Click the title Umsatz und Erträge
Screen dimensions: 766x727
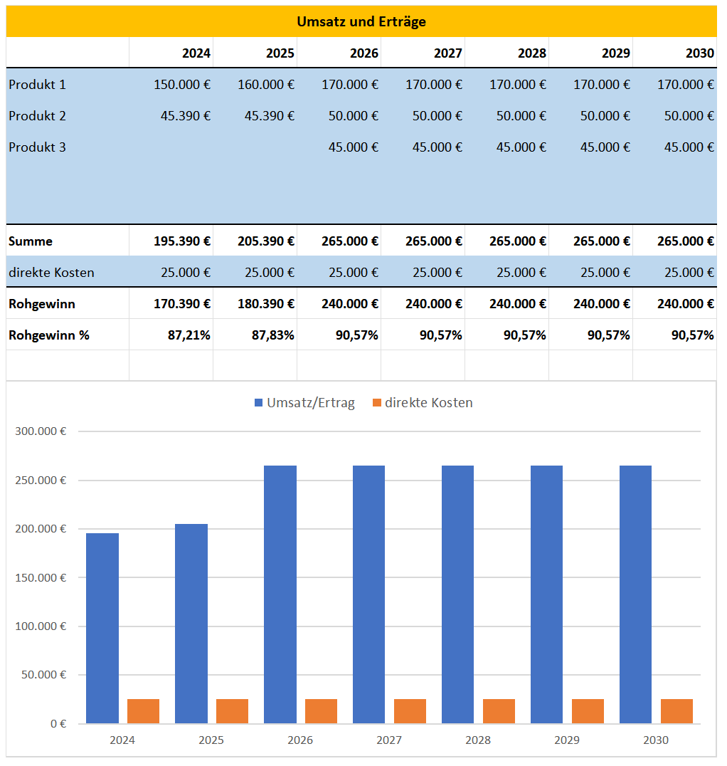point(361,21)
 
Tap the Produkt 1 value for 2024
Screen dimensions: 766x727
point(182,85)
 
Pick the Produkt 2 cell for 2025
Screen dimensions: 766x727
point(270,116)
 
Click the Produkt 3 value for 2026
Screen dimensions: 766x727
point(354,147)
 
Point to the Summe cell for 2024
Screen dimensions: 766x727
point(182,241)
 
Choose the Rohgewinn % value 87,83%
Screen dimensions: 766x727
point(273,335)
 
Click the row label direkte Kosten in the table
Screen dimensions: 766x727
point(51,273)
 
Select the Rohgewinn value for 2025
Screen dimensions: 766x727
point(266,304)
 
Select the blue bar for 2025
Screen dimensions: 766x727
point(191,624)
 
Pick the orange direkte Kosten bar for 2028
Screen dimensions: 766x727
point(499,711)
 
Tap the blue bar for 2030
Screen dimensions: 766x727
point(635,594)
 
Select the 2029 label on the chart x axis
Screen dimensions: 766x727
point(567,740)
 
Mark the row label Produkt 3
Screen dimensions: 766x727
point(37,147)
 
